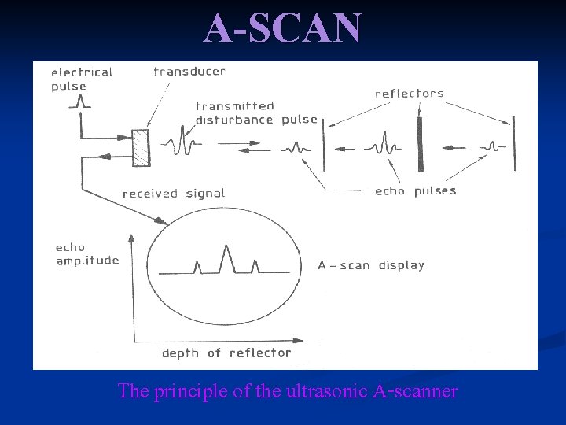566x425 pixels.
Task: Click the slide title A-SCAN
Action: (x=283, y=28)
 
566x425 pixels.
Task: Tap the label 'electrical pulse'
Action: (x=82, y=79)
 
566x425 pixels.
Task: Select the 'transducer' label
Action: (x=189, y=72)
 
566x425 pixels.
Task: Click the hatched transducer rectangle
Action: (x=140, y=147)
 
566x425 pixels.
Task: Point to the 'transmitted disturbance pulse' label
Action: (x=255, y=113)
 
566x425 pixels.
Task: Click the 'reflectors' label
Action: (x=410, y=94)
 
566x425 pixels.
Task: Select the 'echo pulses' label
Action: (x=415, y=191)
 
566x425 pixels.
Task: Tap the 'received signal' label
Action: (x=174, y=194)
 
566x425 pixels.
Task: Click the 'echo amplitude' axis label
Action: (x=87, y=254)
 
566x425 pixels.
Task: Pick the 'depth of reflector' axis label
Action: (x=226, y=353)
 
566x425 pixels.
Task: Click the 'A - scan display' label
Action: (x=371, y=265)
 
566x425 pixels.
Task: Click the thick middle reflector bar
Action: (x=420, y=144)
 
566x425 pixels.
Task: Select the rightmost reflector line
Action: (x=514, y=143)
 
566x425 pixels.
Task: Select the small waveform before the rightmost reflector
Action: (x=492, y=146)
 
